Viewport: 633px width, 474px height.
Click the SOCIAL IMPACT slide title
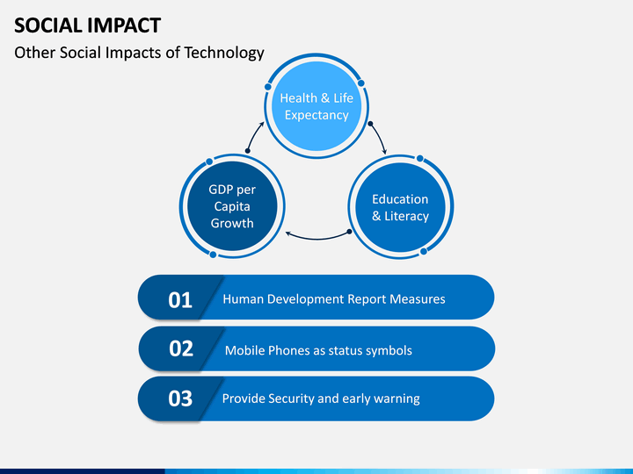[88, 25]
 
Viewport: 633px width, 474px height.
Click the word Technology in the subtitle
[224, 53]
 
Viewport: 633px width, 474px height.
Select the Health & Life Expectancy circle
[316, 106]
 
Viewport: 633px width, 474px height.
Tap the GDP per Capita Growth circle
[232, 206]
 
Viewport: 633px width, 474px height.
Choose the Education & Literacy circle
[401, 207]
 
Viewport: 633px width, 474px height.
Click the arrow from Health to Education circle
[380, 137]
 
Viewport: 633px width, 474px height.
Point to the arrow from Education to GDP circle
[317, 238]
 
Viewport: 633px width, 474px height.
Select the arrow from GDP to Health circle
[253, 136]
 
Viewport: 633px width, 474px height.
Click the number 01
[180, 300]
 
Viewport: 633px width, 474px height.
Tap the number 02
[181, 348]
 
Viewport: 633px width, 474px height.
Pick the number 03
[180, 399]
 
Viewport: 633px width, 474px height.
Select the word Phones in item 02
[289, 350]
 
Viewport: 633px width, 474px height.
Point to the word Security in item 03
[291, 399]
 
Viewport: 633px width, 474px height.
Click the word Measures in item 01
[418, 299]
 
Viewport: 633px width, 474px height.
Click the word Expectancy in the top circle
[316, 115]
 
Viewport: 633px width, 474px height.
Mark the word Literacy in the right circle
[406, 217]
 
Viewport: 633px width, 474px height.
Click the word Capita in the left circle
[232, 206]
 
